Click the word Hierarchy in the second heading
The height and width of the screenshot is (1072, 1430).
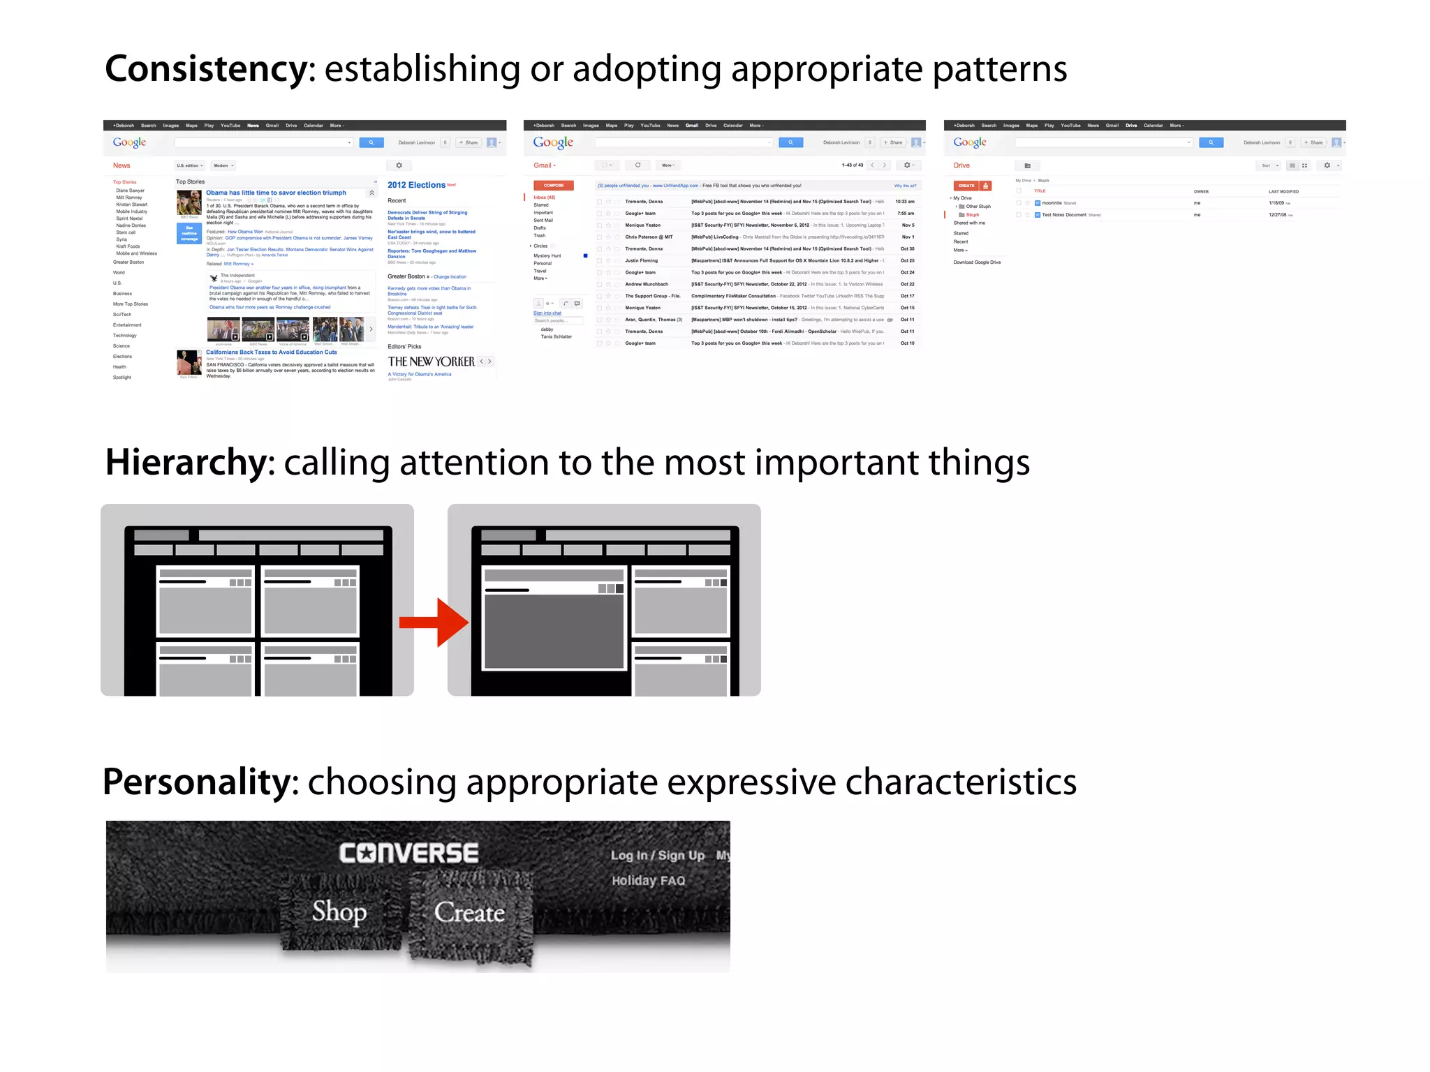point(186,463)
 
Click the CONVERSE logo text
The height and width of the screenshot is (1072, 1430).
point(408,853)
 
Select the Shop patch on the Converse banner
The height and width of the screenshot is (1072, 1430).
point(339,911)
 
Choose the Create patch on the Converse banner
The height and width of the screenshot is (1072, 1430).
point(469,913)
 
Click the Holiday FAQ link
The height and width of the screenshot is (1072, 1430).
point(648,881)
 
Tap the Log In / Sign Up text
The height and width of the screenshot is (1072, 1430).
point(657,856)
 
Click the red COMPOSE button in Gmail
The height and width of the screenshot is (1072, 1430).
point(554,186)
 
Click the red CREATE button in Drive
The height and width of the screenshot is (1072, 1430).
point(966,186)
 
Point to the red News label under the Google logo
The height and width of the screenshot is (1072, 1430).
point(121,165)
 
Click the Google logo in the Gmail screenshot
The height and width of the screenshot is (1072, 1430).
point(553,142)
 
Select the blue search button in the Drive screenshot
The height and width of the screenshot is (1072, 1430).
point(1211,142)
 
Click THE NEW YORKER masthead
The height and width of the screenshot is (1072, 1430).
point(431,362)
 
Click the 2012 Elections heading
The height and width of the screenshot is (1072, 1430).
point(416,185)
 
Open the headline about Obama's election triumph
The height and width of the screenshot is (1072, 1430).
point(276,193)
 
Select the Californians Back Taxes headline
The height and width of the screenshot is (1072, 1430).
point(271,352)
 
